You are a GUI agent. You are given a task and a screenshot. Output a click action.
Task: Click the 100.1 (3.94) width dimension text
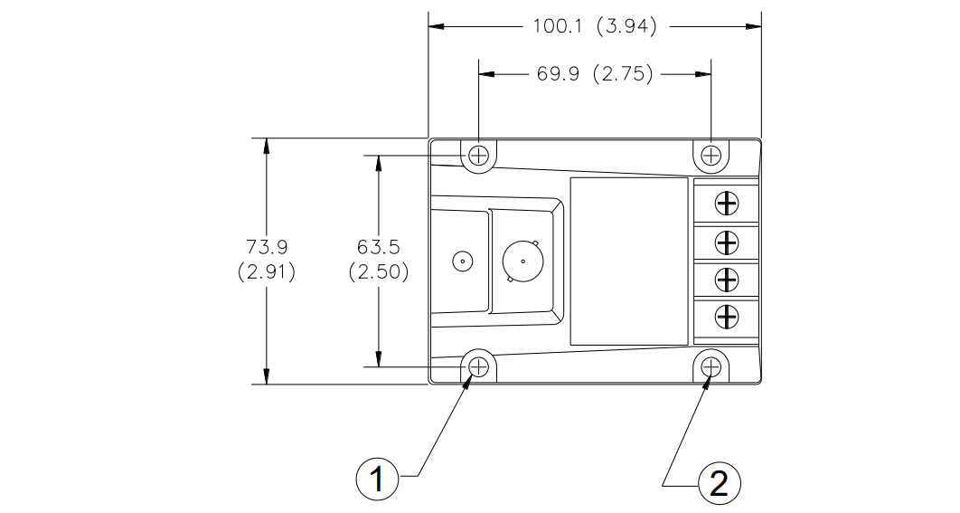[x=595, y=26]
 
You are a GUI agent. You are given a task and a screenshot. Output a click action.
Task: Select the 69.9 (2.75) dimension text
[x=595, y=74]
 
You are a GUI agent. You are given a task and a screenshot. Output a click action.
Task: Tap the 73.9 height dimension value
[x=267, y=247]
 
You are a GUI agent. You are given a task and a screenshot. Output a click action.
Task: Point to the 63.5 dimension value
[x=379, y=247]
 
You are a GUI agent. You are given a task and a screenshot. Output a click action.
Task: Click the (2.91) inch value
[x=267, y=271]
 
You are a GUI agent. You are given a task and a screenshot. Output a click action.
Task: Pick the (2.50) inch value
[x=379, y=271]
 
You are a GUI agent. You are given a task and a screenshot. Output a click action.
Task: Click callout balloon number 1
[x=377, y=478]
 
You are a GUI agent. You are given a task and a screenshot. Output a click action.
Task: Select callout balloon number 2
[x=719, y=482]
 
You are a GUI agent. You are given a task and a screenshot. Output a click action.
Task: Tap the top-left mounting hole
[x=478, y=155]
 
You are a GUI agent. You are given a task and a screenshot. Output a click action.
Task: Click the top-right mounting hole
[x=711, y=155]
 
